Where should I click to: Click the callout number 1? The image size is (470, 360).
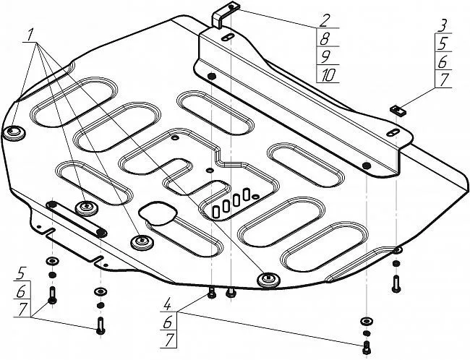coord(31,35)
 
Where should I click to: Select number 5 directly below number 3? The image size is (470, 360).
coord(440,43)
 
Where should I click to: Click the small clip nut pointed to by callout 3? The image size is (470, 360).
coord(396,110)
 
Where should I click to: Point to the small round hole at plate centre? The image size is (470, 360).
coord(209,171)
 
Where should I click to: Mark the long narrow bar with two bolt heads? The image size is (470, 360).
coord(76,218)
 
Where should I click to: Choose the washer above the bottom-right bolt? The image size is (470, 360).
coord(365,320)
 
